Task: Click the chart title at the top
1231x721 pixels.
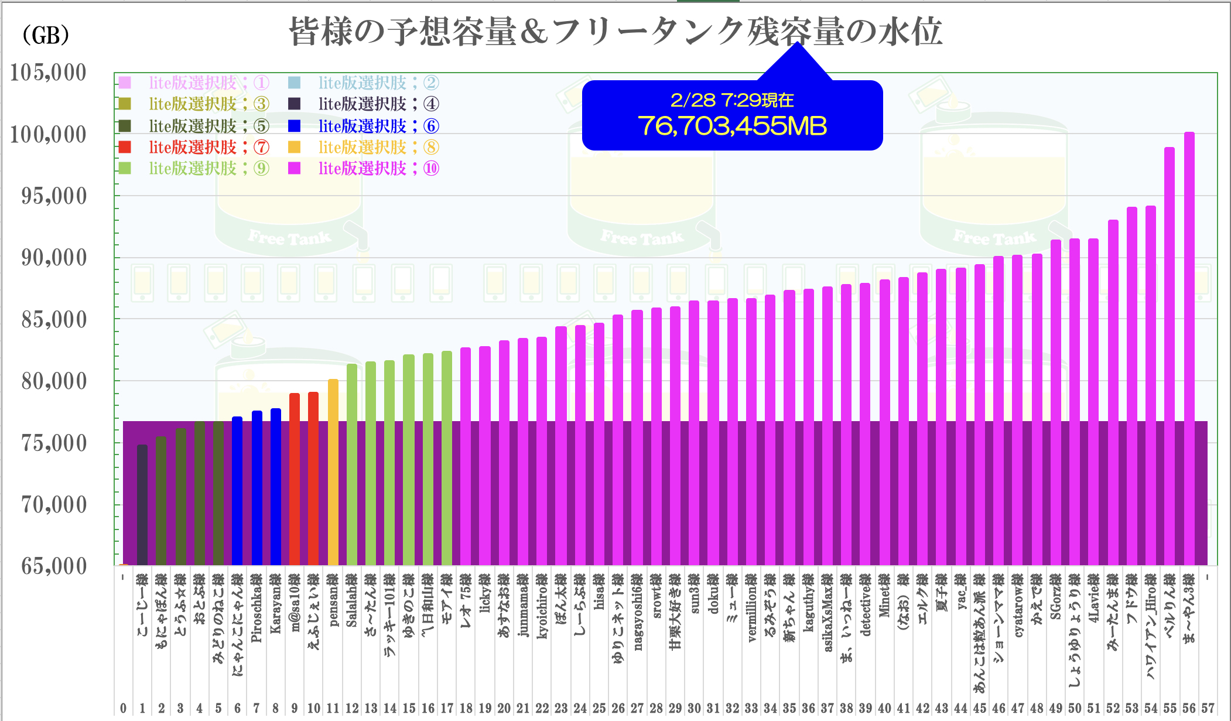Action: click(x=615, y=32)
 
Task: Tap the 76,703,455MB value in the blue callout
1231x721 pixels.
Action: click(x=732, y=126)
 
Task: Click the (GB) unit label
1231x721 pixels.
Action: click(x=46, y=35)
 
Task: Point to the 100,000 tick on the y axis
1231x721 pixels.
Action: click(x=49, y=135)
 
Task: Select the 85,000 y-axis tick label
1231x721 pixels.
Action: click(x=54, y=320)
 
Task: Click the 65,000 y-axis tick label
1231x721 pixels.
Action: click(x=54, y=566)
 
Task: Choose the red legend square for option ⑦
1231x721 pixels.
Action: click(x=125, y=147)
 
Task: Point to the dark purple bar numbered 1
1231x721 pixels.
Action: click(x=142, y=504)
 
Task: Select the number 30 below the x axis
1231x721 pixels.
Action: click(x=694, y=708)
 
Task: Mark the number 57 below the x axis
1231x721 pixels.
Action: click(x=1208, y=708)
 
